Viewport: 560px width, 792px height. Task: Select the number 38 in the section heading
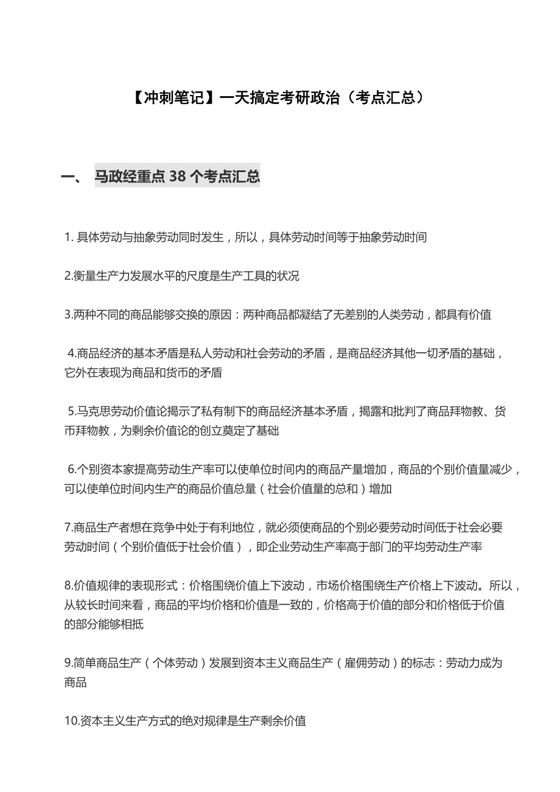pos(176,176)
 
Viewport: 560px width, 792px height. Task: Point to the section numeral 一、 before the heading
pos(72,177)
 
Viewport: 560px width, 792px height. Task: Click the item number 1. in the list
pos(69,237)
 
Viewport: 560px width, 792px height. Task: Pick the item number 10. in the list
pos(72,721)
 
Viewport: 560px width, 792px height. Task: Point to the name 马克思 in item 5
pos(92,412)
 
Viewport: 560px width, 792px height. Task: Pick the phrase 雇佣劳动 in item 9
pos(366,663)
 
